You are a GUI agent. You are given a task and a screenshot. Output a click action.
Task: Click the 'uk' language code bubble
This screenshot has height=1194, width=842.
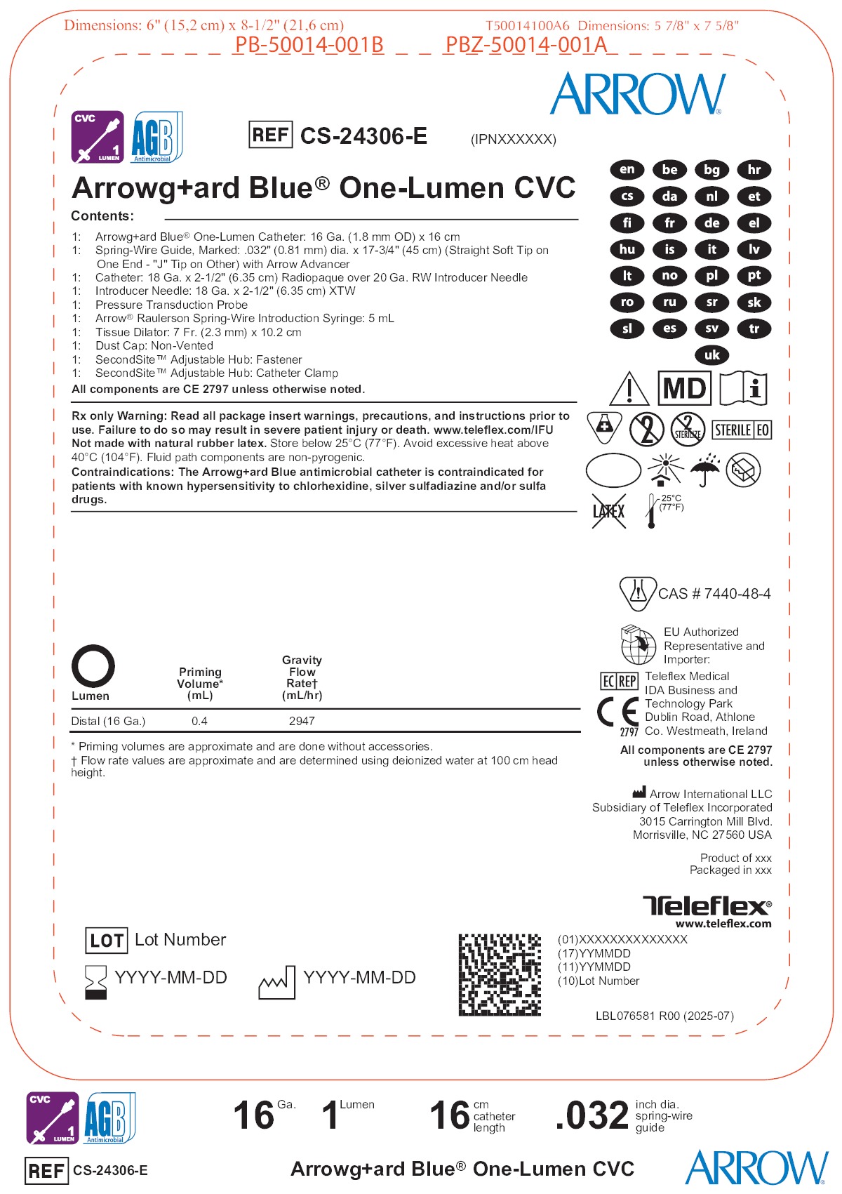(x=711, y=355)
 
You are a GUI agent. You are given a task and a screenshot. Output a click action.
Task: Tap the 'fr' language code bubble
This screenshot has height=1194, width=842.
(x=669, y=223)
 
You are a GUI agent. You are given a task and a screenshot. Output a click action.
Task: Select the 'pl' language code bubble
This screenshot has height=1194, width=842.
(x=711, y=276)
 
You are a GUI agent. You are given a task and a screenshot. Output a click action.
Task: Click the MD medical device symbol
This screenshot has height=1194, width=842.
(x=684, y=388)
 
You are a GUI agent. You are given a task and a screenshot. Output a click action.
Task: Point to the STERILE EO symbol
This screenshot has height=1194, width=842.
(x=742, y=430)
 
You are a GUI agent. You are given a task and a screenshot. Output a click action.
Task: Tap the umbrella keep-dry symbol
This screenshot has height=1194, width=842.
(x=704, y=470)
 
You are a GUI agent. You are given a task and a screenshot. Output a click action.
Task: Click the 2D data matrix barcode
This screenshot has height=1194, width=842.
(x=500, y=974)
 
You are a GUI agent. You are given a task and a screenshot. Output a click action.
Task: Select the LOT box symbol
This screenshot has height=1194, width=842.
(x=106, y=941)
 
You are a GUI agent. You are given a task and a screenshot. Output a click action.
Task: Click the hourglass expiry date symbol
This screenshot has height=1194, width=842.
(x=95, y=981)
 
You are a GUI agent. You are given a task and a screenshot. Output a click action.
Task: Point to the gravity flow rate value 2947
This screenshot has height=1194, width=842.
(x=302, y=721)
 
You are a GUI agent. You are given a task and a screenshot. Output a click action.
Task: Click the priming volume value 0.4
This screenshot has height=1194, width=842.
(x=199, y=721)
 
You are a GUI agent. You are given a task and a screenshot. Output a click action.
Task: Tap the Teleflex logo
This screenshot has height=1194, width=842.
(x=707, y=906)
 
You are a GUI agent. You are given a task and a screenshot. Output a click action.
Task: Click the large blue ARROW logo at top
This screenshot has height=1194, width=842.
(x=638, y=94)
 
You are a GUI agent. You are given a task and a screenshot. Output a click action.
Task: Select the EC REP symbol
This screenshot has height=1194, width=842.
(x=619, y=681)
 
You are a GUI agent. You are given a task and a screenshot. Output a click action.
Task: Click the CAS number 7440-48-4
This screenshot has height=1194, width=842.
(x=714, y=594)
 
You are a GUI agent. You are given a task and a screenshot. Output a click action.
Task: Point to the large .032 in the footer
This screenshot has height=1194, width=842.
(x=592, y=1115)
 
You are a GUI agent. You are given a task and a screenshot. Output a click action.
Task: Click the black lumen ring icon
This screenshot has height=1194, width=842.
(x=93, y=665)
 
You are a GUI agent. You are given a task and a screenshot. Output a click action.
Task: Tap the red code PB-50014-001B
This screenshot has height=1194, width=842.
(x=309, y=45)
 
